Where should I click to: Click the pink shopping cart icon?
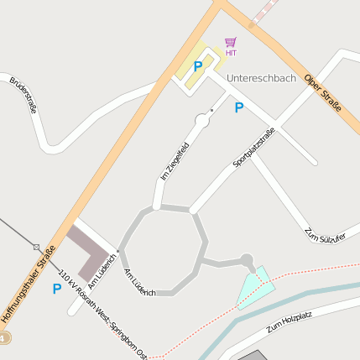(231, 41)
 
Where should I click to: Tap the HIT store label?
(231, 53)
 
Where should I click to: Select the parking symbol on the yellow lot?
(198, 65)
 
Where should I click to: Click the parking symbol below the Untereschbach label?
(239, 107)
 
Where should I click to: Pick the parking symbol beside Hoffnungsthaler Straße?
(56, 289)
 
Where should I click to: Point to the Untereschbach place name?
(261, 77)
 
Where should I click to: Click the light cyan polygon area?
(254, 287)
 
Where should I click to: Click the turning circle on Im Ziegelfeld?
(202, 122)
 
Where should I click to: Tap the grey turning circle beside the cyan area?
(247, 260)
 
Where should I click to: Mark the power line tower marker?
(36, 248)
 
